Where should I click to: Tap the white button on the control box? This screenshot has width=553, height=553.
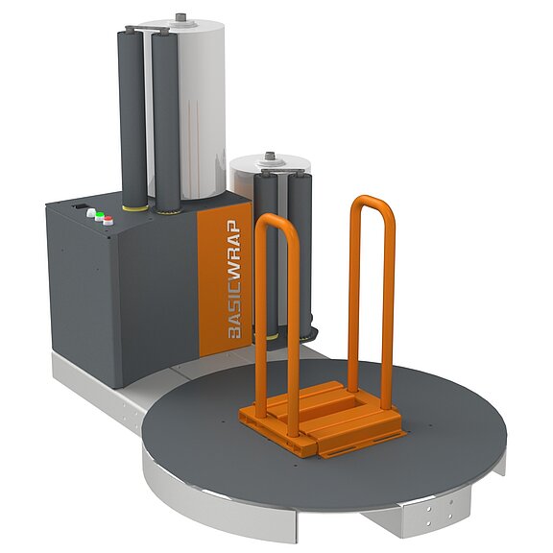click(x=91, y=212)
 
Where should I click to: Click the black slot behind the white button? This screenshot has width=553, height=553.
click(x=80, y=206)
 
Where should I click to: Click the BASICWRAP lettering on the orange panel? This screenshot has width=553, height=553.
click(x=234, y=279)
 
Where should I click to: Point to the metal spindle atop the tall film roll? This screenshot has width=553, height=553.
click(x=180, y=17)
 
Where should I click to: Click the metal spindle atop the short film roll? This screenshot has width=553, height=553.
click(x=271, y=156)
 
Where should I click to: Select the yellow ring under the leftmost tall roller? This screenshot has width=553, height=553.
click(x=135, y=207)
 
